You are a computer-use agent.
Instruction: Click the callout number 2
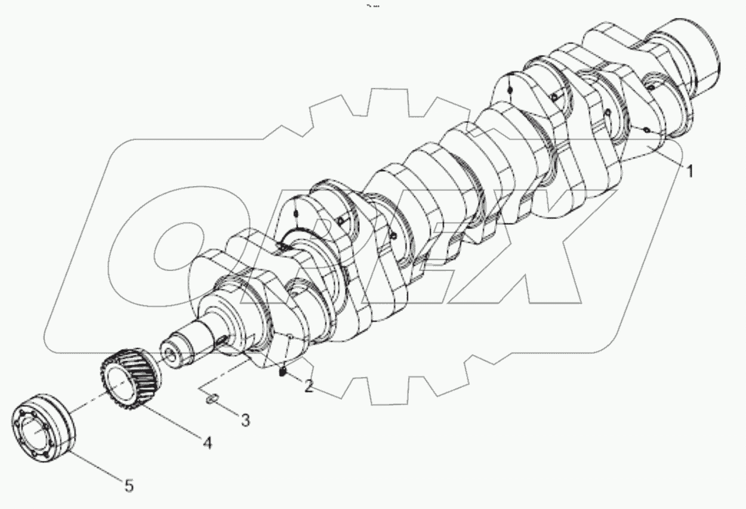(308, 386)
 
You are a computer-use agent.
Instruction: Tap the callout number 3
(245, 420)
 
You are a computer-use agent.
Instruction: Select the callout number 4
(206, 443)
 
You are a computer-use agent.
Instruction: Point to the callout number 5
(129, 486)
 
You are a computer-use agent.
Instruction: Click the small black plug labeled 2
(283, 374)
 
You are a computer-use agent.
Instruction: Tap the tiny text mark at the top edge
(372, 6)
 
